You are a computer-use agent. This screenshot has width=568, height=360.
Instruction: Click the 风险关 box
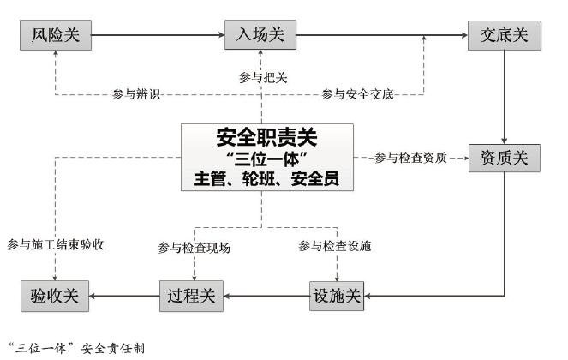coord(55,35)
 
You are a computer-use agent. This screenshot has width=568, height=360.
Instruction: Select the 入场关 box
coord(260,35)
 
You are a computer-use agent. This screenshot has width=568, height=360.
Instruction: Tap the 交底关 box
coord(503,35)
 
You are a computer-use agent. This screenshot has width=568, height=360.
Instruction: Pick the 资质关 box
coord(503,159)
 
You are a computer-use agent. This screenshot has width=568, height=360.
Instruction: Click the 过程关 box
coord(192,297)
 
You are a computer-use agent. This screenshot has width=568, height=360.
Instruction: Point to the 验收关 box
coord(55,297)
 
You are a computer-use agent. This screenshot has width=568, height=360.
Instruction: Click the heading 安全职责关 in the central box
coord(266,136)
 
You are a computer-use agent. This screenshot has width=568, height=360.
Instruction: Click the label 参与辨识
coord(137,94)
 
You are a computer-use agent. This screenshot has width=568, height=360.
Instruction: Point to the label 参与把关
coord(263,77)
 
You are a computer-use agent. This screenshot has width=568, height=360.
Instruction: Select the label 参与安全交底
coord(357,94)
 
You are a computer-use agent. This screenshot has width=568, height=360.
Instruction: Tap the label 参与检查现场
coord(194,248)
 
